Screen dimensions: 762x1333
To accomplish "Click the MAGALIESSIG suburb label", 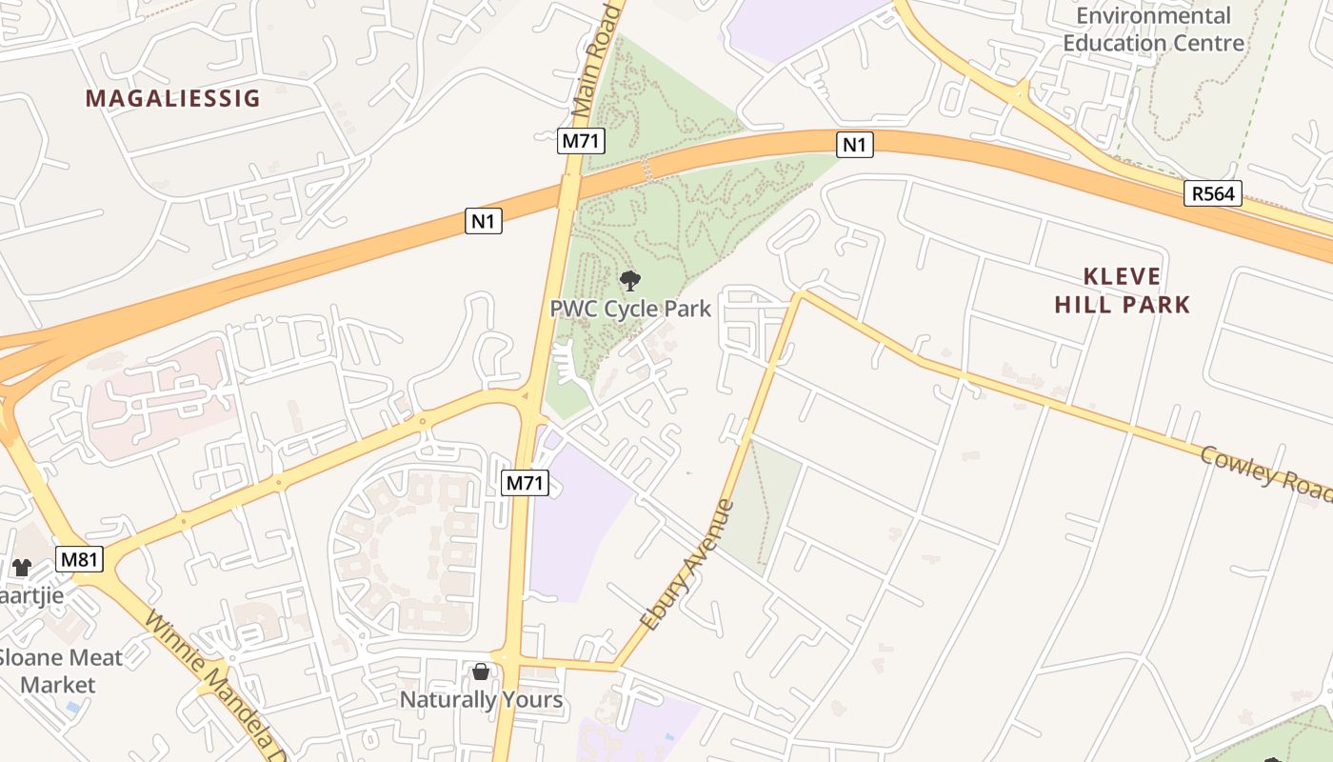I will pos(172,98).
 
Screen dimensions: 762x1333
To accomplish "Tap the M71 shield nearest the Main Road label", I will pos(582,142).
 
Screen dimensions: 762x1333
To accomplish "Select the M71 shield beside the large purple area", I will pos(525,483).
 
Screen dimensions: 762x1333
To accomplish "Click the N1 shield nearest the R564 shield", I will pos(854,145).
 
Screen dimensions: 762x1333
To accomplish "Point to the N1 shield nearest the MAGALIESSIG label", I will pos(484,222).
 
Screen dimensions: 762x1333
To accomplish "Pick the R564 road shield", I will pos(1214,194).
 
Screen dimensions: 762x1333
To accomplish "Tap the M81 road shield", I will pos(79,559).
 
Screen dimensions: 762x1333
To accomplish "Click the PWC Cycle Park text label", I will pos(630,309).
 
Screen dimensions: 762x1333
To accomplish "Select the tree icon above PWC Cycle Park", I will pos(629,281).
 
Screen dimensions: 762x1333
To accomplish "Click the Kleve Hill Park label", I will pos(1136,291).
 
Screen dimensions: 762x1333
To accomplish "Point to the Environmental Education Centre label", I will pos(1153,30).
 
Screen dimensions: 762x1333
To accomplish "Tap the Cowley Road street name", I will pos(1265,472).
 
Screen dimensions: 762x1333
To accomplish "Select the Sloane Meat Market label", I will pos(59,671).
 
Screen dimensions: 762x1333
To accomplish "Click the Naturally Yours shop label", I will pos(481,700).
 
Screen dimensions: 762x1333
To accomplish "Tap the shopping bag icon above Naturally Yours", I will pos(481,672).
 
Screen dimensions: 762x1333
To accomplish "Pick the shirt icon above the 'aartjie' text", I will pos(21,568).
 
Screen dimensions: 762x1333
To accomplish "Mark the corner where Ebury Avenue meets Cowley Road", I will pos(801,294).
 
